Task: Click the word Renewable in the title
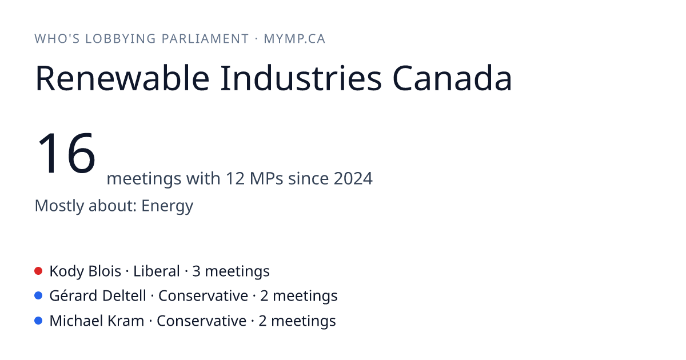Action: pyautogui.click(x=122, y=78)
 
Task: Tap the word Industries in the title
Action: pyautogui.click(x=301, y=78)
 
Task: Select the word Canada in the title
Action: pyautogui.click(x=452, y=78)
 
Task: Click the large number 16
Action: pyautogui.click(x=66, y=153)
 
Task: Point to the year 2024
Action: pyautogui.click(x=353, y=178)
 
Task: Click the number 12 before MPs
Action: pyautogui.click(x=235, y=178)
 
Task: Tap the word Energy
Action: pyautogui.click(x=167, y=206)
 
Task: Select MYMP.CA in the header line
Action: pyautogui.click(x=294, y=39)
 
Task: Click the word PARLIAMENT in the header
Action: pyautogui.click(x=205, y=39)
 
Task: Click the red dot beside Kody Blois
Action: pyautogui.click(x=38, y=271)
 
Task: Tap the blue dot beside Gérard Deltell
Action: pyautogui.click(x=38, y=296)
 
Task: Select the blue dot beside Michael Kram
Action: pyautogui.click(x=38, y=321)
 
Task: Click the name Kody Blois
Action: pyautogui.click(x=85, y=271)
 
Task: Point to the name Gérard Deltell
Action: pyautogui.click(x=98, y=296)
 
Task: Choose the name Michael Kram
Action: pyautogui.click(x=97, y=321)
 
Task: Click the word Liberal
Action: pyautogui.click(x=157, y=271)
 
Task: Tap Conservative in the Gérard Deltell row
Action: pyautogui.click(x=203, y=296)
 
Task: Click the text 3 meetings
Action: pyautogui.click(x=231, y=271)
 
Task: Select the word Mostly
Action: pyautogui.click(x=59, y=206)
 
